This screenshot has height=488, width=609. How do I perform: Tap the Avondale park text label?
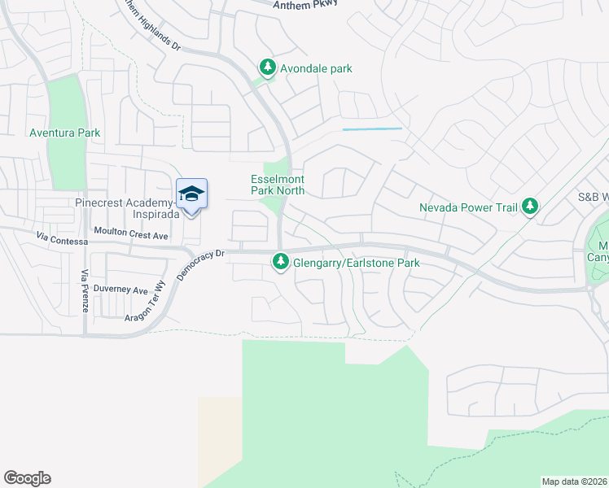pos(316,68)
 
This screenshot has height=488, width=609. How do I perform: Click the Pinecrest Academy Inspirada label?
pos(126,208)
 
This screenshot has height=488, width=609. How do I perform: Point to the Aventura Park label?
pos(64,133)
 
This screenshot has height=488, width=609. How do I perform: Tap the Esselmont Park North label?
pos(278,185)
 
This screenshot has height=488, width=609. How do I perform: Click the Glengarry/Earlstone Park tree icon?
pos(281,262)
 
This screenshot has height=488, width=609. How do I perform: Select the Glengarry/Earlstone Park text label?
pos(357,263)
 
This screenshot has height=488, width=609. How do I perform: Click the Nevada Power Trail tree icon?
pos(531,207)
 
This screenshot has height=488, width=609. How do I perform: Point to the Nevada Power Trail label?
pos(468,207)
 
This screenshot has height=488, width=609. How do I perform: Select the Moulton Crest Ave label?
pos(130,235)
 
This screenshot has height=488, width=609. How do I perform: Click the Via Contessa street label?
pos(61,240)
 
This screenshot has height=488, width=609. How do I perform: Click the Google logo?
pos(27,478)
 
